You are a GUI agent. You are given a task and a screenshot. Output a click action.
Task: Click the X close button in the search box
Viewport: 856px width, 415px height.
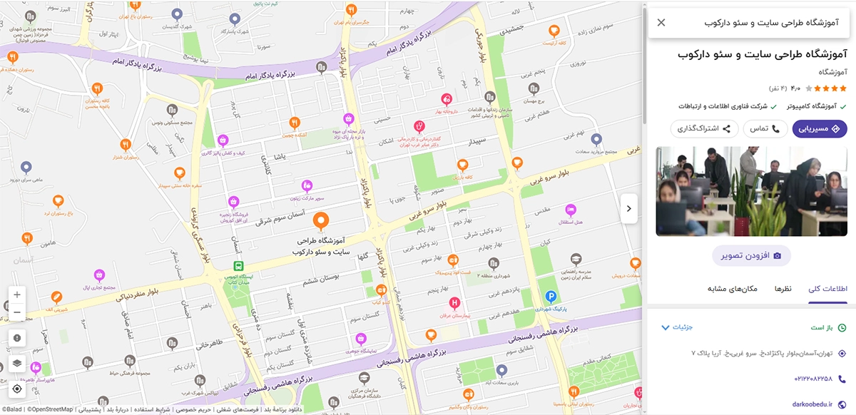pyautogui.click(x=661, y=23)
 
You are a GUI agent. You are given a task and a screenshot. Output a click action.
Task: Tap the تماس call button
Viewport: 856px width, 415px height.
pyautogui.click(x=765, y=129)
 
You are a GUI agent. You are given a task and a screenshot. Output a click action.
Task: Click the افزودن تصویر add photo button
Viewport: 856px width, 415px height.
pyautogui.click(x=751, y=255)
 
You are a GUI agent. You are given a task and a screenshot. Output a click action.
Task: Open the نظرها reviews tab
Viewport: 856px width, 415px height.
pyautogui.click(x=783, y=289)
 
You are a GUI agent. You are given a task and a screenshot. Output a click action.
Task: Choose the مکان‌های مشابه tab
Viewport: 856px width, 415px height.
pyautogui.click(x=732, y=289)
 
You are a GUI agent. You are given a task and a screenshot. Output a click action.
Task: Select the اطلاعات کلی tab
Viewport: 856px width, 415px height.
pyautogui.click(x=827, y=289)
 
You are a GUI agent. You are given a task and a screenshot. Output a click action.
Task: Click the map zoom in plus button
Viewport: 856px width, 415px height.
pyautogui.click(x=17, y=294)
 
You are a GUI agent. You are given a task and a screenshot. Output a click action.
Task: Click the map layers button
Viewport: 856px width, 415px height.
pyautogui.click(x=17, y=363)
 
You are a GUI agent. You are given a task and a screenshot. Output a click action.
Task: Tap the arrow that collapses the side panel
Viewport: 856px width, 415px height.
pyautogui.click(x=628, y=209)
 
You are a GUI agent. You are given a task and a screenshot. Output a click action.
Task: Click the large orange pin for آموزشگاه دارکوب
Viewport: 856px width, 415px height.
pyautogui.click(x=321, y=222)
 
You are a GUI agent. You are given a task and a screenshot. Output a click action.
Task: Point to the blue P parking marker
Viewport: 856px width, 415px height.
pyautogui.click(x=550, y=297)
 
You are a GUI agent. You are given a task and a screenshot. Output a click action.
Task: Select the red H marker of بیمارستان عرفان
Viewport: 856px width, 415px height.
pyautogui.click(x=454, y=303)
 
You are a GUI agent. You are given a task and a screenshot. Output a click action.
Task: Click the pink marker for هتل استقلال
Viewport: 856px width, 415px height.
pyautogui.click(x=570, y=210)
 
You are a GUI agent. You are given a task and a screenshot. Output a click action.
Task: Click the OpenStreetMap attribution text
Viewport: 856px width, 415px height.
pyautogui.click(x=49, y=409)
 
